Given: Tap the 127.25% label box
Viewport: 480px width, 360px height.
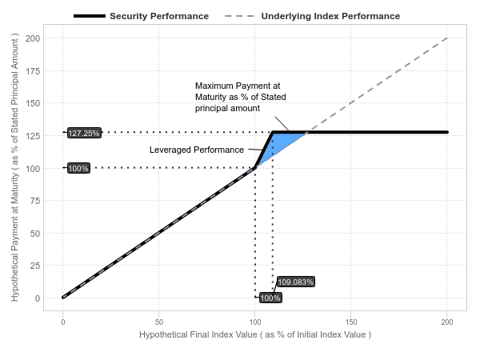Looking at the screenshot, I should coord(84,133).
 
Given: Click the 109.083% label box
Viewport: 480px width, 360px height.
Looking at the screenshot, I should coord(296,282).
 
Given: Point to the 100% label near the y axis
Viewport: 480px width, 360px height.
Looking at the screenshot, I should coord(78,168).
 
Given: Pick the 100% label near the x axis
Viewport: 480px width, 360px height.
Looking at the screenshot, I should coord(270,298).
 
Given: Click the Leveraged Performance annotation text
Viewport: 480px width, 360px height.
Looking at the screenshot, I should coord(197,150).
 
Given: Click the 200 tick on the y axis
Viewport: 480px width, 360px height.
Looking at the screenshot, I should coord(34,38).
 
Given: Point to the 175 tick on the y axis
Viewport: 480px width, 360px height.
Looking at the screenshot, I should coord(34,70).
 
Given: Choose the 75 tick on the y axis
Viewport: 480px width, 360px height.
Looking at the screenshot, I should coord(36,201).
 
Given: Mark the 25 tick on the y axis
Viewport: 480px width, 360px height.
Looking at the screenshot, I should coord(36,266).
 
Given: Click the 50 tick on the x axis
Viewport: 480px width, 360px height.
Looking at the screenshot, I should coord(159,321).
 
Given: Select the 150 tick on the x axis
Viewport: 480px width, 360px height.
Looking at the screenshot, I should coord(351,321).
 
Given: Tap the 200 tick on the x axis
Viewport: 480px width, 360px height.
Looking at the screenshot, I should coord(447,321).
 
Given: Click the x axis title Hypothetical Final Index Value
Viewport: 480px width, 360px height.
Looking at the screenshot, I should coord(254,334).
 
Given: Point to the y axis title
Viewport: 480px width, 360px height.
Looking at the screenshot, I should coord(15,168).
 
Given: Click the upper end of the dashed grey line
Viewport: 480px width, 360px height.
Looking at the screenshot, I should coord(446,38).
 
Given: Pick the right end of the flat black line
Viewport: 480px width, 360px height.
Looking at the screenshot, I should coord(446,132).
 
